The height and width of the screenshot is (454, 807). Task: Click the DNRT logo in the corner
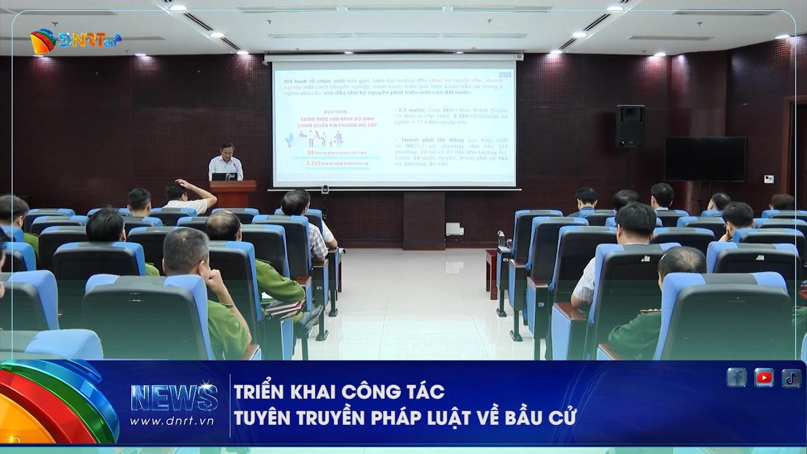pos(75,42)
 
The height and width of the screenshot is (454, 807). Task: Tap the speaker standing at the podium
pos(225,162)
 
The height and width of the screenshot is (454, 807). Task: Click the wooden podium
pos(233,194)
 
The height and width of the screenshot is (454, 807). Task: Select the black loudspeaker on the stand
pos(630,125)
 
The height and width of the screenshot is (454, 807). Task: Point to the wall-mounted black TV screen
pos(704,159)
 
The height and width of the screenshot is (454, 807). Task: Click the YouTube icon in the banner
pos(763,377)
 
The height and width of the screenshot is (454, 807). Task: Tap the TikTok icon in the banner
pos(791,377)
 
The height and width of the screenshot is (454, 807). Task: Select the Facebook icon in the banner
pos(736,377)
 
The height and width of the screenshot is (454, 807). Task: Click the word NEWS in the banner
pos(174,398)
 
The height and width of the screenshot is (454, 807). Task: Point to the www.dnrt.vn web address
pos(172,421)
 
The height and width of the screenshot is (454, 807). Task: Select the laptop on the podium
pos(224,177)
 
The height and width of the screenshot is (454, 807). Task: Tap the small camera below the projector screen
pos(325,189)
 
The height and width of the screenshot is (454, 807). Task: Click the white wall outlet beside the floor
pos(455,229)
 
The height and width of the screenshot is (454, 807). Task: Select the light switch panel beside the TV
pos(769,179)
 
